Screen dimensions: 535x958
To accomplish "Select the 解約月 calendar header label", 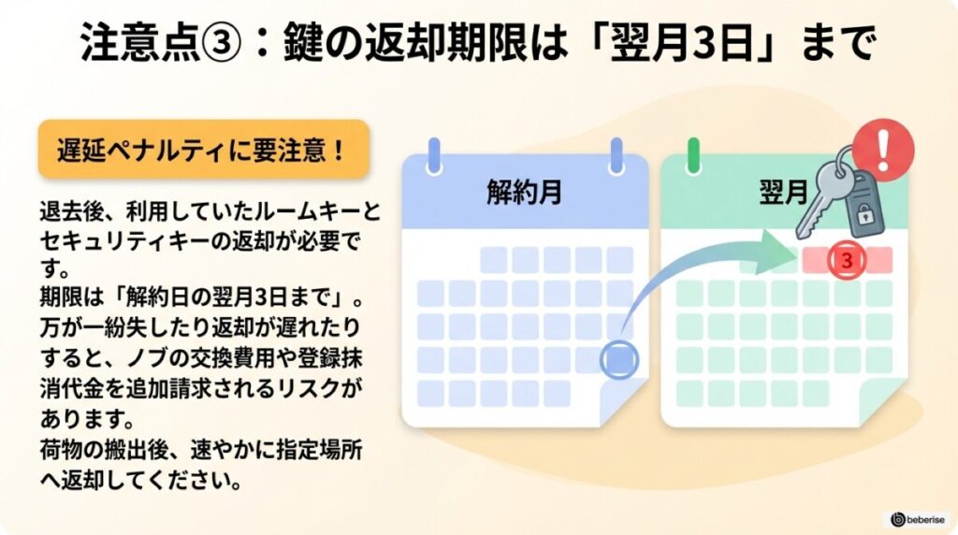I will [x=524, y=192].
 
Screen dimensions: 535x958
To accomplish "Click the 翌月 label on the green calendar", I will [x=782, y=192].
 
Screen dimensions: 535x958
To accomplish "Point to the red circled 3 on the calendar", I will [x=847, y=261].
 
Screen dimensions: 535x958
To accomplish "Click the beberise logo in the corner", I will [x=917, y=518].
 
